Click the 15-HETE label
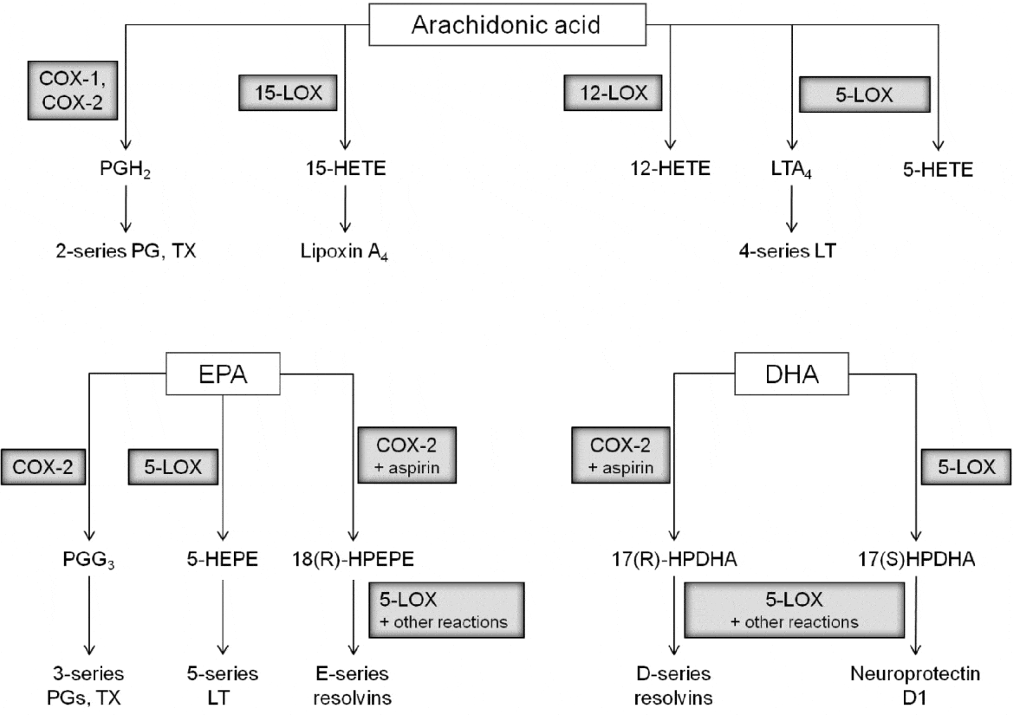click(x=346, y=169)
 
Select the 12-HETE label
click(x=670, y=169)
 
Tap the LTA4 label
click(x=790, y=170)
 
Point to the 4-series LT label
click(x=790, y=252)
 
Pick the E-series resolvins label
click(x=352, y=684)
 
